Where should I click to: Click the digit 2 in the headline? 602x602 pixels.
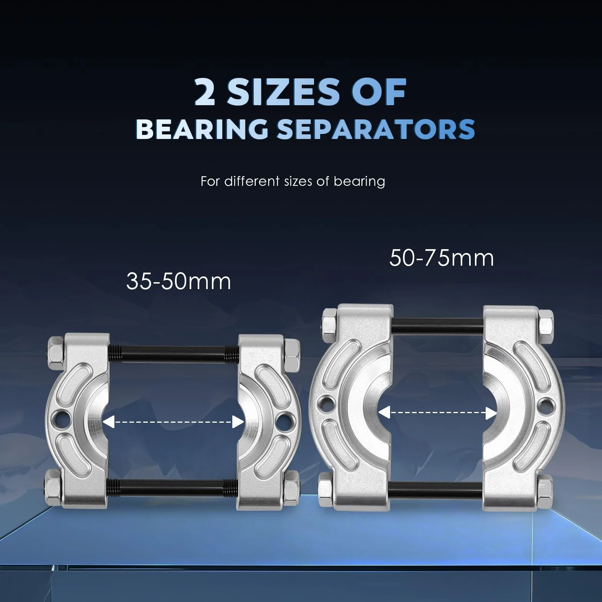(x=205, y=92)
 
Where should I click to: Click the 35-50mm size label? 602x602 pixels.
(x=179, y=281)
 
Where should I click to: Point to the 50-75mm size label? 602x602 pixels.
(x=442, y=258)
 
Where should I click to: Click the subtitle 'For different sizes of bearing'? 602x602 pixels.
(x=293, y=181)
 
